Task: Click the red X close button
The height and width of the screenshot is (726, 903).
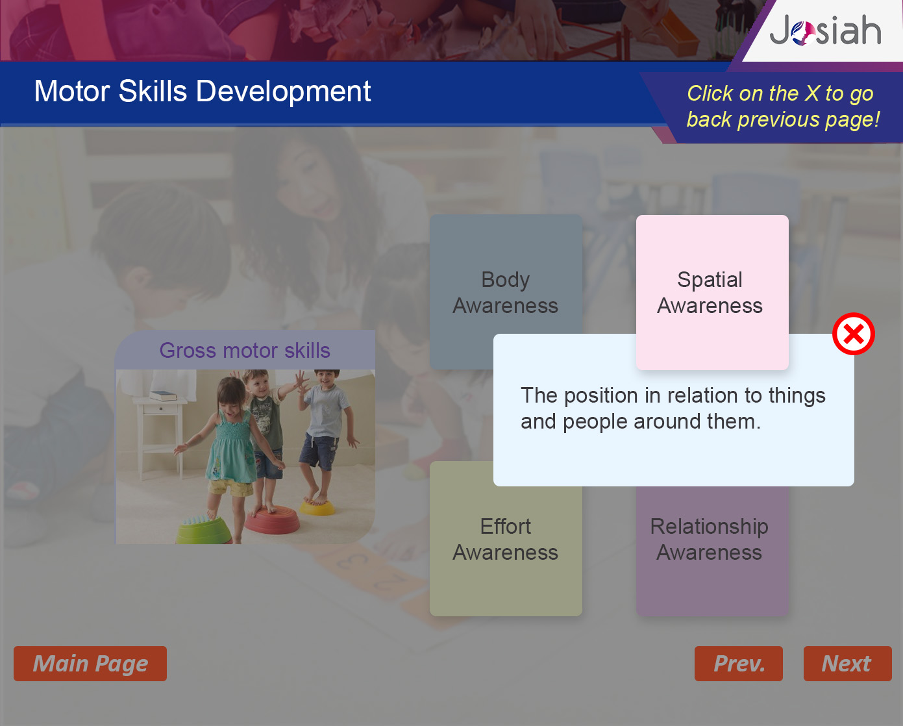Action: pos(854,334)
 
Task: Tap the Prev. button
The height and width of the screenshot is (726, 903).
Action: pos(739,664)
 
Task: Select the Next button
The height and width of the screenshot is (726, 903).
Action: pos(848,664)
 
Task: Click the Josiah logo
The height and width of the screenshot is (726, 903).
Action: pos(825,31)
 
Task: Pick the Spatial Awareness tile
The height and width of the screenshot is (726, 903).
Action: pos(712,292)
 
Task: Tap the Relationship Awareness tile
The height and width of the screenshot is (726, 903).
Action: pos(712,551)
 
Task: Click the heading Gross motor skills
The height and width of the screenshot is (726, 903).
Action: pos(245,350)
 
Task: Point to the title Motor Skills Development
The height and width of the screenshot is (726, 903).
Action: pos(203,91)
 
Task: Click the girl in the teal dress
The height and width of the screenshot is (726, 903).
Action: pos(229,453)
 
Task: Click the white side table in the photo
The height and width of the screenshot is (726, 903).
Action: pos(162,436)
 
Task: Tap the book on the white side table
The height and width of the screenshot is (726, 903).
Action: pos(163,395)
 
